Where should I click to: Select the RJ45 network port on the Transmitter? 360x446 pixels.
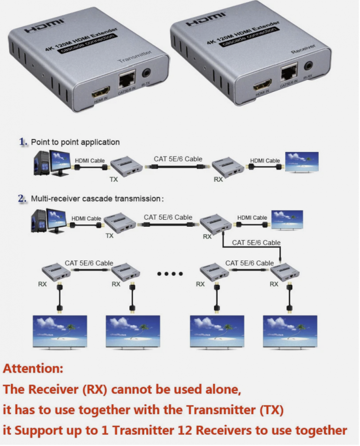click(x=127, y=77)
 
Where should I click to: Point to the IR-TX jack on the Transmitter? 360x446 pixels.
click(x=146, y=74)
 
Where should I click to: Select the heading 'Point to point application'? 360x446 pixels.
click(x=75, y=142)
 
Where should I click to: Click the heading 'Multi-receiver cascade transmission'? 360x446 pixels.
click(x=97, y=199)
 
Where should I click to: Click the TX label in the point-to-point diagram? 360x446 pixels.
click(x=114, y=180)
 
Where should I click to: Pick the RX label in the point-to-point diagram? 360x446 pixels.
click(x=218, y=180)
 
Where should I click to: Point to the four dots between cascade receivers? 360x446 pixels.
click(x=170, y=273)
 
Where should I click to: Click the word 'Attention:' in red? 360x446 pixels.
click(x=33, y=368)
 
